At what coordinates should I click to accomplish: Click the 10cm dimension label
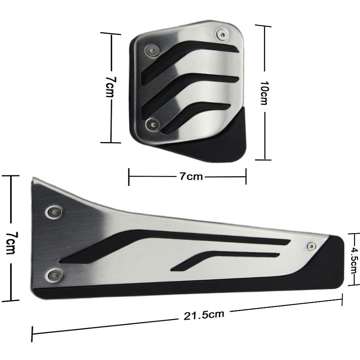(264, 93)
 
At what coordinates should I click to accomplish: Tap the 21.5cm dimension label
(203, 315)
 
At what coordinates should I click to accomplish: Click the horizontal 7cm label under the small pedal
(191, 177)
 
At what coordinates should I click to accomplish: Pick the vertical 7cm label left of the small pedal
(111, 87)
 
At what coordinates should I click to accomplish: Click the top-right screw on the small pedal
(222, 35)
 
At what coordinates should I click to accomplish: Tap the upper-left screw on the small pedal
(152, 50)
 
